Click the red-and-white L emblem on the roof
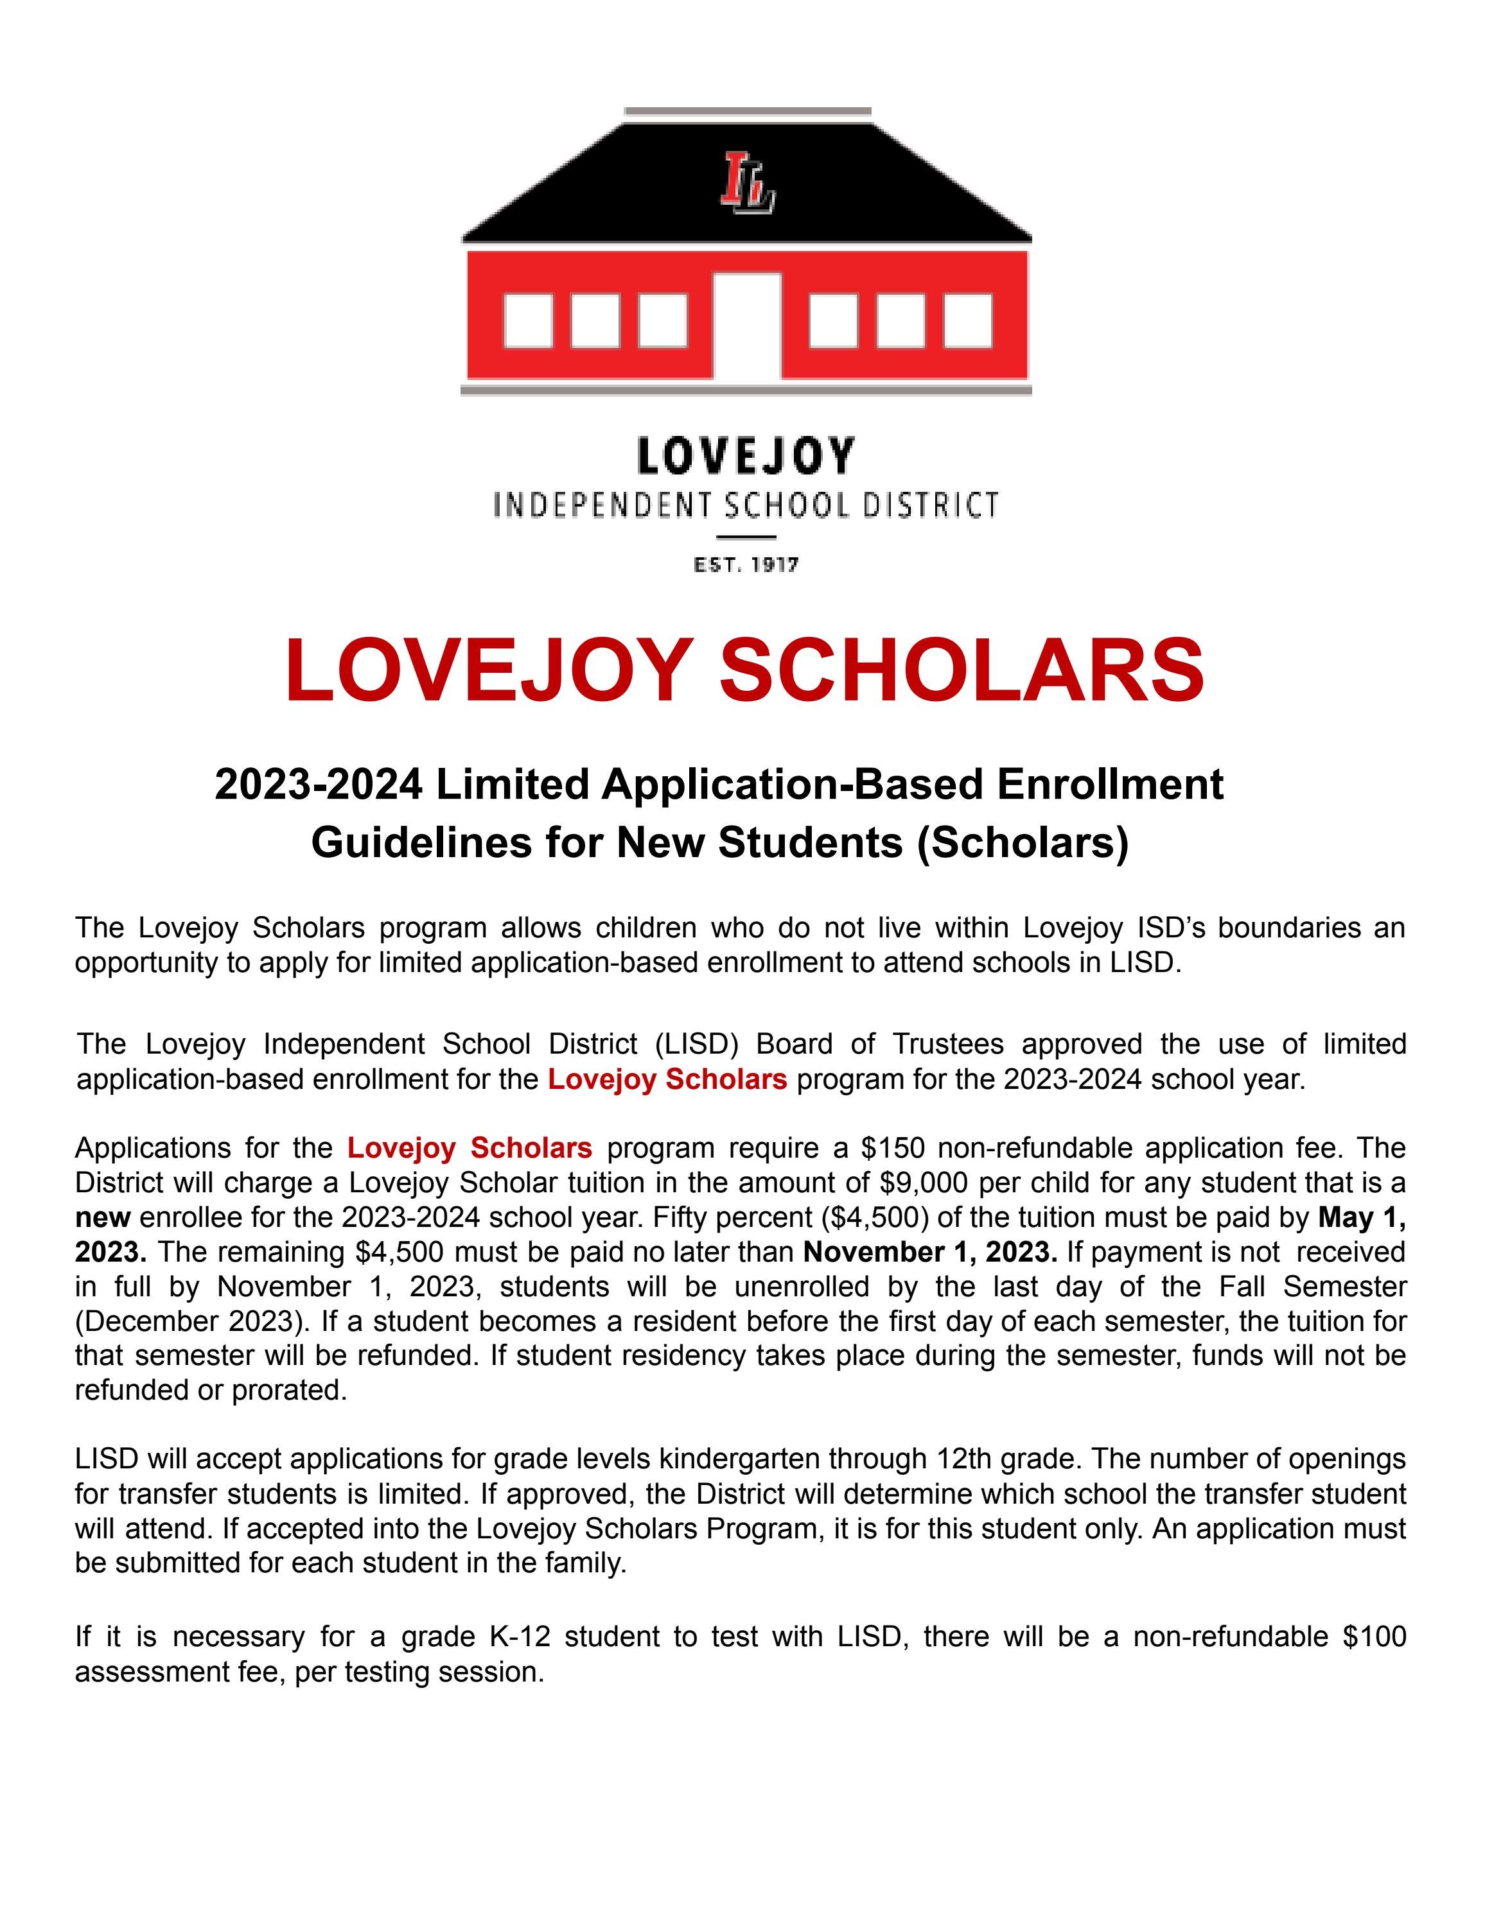click(x=747, y=182)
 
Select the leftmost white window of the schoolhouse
click(x=528, y=320)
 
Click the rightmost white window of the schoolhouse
click(x=968, y=320)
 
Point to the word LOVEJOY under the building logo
click(x=745, y=456)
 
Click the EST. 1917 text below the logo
click(x=746, y=565)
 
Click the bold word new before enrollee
click(x=102, y=1218)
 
